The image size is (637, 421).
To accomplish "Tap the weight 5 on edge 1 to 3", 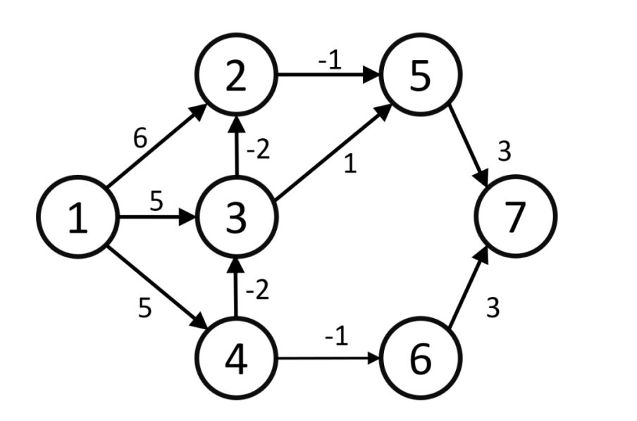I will click(x=156, y=200).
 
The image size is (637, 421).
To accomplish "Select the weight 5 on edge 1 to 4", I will click(x=144, y=308).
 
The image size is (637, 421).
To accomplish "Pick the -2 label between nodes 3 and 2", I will click(x=258, y=150).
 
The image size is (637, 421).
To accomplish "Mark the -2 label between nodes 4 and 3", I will click(x=258, y=291).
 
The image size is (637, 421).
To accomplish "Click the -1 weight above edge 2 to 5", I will click(x=329, y=61).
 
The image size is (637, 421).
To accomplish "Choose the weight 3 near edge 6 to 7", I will click(x=493, y=309).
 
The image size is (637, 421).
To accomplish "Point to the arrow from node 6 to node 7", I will click(x=465, y=293).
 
